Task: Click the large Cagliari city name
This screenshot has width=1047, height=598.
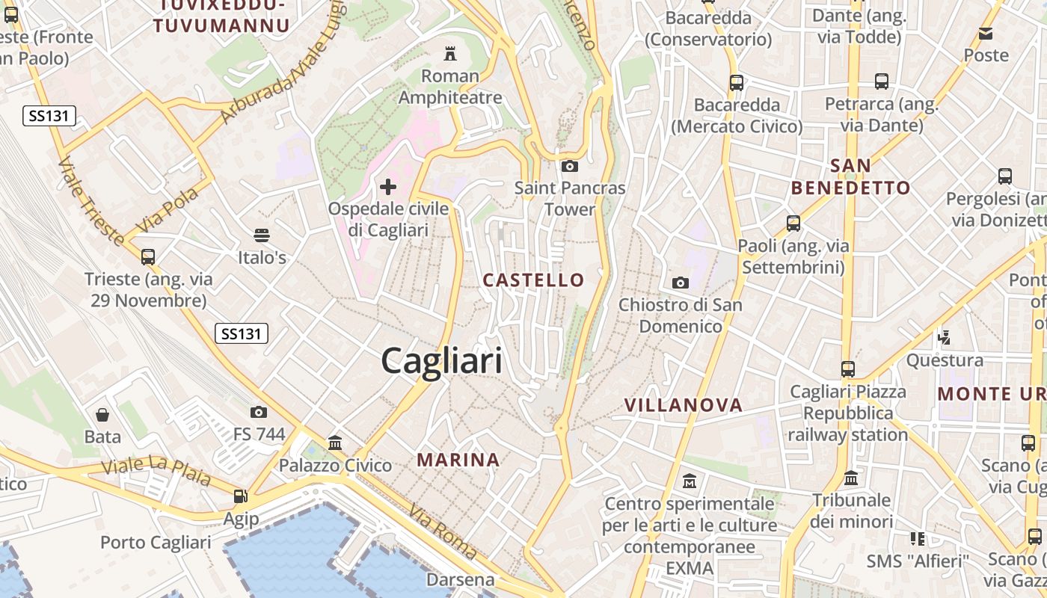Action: click(441, 362)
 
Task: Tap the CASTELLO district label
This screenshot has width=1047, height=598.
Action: click(533, 280)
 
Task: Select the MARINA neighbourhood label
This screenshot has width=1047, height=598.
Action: click(458, 460)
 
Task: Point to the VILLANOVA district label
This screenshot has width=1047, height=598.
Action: click(684, 405)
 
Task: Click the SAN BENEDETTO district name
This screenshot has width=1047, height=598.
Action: click(851, 176)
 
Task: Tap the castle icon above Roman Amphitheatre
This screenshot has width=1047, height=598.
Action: click(450, 53)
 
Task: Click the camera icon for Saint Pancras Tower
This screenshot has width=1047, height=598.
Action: click(570, 166)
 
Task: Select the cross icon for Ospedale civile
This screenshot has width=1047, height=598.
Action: click(388, 186)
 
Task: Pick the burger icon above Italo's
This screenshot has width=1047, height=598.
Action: click(262, 235)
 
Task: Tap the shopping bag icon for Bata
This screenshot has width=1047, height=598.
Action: click(102, 414)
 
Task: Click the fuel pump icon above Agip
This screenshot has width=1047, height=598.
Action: click(240, 496)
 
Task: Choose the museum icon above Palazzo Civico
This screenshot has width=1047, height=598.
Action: click(335, 443)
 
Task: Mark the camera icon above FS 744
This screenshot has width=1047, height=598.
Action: click(259, 412)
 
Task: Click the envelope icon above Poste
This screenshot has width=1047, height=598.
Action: click(986, 33)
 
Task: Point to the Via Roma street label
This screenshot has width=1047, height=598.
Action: click(443, 531)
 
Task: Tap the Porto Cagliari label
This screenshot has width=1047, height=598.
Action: click(156, 542)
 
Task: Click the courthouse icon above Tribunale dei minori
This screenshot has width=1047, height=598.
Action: click(851, 478)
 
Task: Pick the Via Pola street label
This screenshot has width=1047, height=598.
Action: click(168, 209)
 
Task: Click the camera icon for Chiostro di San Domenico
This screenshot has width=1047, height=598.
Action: click(680, 283)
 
